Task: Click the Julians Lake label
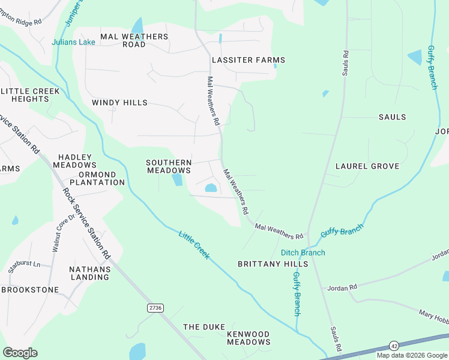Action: click(x=73, y=42)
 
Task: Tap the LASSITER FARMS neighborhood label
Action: click(x=248, y=60)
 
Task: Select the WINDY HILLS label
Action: click(x=119, y=103)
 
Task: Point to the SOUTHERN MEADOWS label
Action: click(x=169, y=166)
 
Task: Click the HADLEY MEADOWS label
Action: click(x=74, y=160)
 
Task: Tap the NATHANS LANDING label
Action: click(x=89, y=273)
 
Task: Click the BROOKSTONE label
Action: click(x=30, y=290)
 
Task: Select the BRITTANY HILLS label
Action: click(x=273, y=264)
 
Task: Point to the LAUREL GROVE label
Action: click(x=367, y=166)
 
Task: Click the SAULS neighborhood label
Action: click(x=392, y=117)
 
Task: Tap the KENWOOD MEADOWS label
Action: click(x=249, y=338)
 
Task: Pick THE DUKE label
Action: click(x=199, y=327)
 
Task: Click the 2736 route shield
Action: click(x=155, y=307)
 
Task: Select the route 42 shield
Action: click(x=394, y=346)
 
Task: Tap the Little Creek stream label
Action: click(x=194, y=244)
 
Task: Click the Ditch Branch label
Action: click(x=303, y=253)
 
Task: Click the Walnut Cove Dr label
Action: click(x=63, y=231)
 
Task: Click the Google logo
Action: click(x=20, y=353)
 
